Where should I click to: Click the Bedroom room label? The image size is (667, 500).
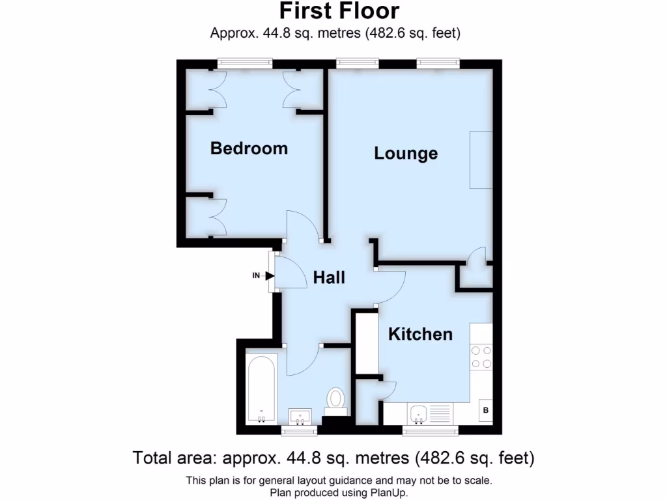click(249, 148)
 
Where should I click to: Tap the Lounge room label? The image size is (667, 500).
click(405, 154)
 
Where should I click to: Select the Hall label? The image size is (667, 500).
click(329, 277)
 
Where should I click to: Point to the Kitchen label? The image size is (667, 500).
click(420, 334)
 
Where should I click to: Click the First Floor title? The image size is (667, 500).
click(339, 11)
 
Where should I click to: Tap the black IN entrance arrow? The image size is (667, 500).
click(269, 275)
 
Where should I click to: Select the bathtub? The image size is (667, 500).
click(263, 389)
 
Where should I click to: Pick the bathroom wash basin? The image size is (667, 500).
click(301, 415)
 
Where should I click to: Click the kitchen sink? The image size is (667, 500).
click(418, 412)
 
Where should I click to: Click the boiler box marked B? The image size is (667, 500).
click(485, 410)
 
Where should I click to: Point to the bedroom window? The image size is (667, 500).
click(245, 63)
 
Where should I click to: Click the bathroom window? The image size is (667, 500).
click(300, 430)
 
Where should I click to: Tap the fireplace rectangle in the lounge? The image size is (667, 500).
click(481, 160)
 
